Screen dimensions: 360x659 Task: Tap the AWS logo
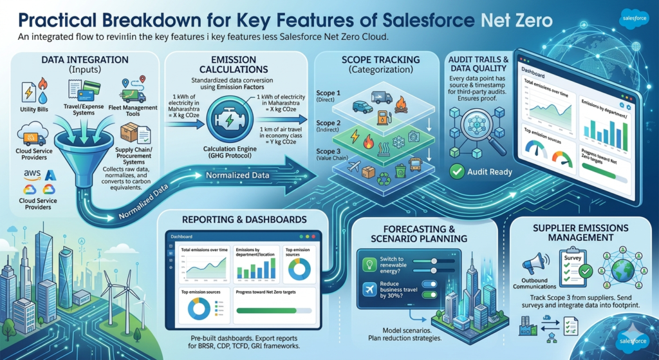pos(30,175)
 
